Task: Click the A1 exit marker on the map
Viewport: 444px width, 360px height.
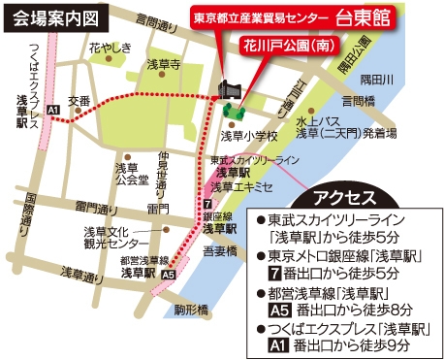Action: (54, 110)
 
